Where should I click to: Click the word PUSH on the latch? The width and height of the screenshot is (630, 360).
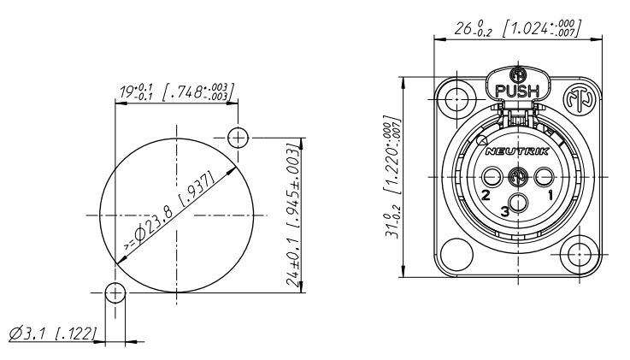pyautogui.click(x=517, y=91)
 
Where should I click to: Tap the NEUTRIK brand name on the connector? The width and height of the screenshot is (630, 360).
pyautogui.click(x=517, y=151)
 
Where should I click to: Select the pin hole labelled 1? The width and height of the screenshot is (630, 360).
pyautogui.click(x=545, y=176)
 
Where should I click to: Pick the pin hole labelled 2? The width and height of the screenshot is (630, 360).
pyautogui.click(x=492, y=176)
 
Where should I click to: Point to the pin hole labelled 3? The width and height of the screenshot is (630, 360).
pyautogui.click(x=518, y=202)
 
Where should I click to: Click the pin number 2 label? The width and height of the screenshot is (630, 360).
pyautogui.click(x=486, y=195)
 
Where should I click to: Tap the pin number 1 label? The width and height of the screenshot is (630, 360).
pyautogui.click(x=550, y=195)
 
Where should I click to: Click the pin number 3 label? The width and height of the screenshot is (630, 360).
pyautogui.click(x=505, y=211)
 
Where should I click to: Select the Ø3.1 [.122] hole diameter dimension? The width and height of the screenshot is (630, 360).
pyautogui.click(x=53, y=333)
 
